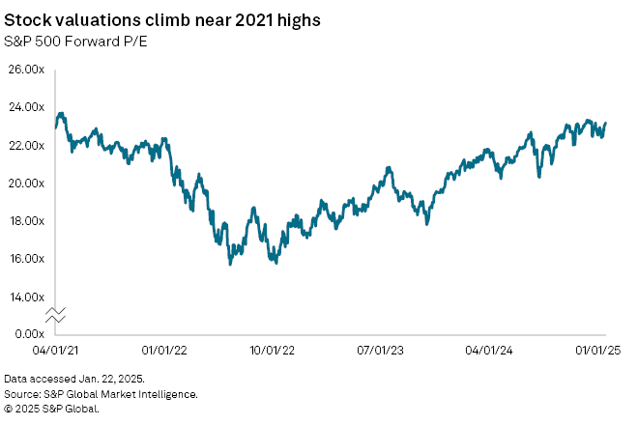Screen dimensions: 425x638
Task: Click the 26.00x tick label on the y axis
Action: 27,70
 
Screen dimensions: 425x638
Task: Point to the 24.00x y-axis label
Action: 27,107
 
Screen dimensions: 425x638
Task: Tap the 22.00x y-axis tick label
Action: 27,145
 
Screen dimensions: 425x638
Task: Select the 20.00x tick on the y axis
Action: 27,183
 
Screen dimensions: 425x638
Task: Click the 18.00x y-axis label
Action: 27,220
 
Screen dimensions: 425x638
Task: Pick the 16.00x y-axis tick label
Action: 27,258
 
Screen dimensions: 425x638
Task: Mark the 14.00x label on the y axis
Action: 27,296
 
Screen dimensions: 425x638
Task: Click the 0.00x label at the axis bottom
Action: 29,333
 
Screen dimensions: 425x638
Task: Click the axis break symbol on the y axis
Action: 55,315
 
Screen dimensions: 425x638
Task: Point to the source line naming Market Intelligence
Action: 101,394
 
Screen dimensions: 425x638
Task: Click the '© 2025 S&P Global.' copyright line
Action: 52,408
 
